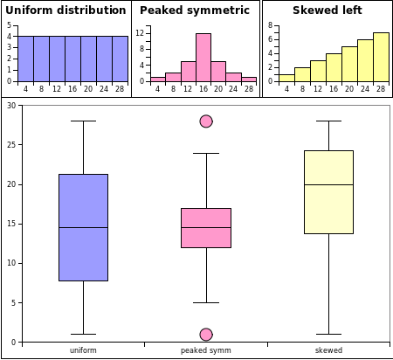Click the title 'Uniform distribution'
[x=65, y=10]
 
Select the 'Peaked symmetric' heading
[x=195, y=10]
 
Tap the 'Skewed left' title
[x=327, y=10]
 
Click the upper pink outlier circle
[x=206, y=121]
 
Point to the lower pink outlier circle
[x=206, y=335]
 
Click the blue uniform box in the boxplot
[x=83, y=227]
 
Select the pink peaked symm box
[x=206, y=227]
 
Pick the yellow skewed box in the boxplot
[x=328, y=192]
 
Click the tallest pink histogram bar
[x=203, y=57]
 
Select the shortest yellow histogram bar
[x=286, y=78]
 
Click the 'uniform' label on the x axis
[x=83, y=350]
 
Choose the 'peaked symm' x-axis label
[x=206, y=350]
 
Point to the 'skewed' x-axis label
[x=328, y=350]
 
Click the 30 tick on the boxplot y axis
[x=11, y=106]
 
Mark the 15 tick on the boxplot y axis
[x=11, y=224]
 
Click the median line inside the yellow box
[x=328, y=184]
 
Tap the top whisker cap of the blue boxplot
[x=83, y=121]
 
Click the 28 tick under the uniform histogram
[x=120, y=88]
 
